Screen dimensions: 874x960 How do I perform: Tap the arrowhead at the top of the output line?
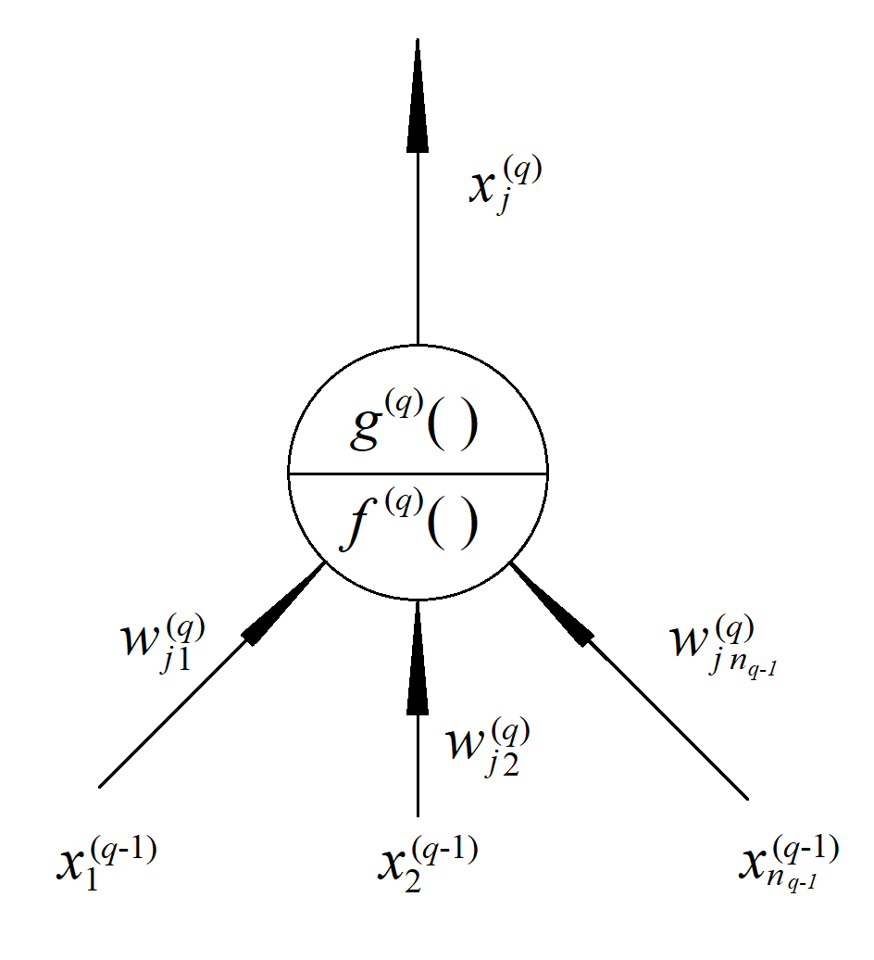[x=418, y=102]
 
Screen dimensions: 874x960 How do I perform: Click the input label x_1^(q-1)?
[x=104, y=863]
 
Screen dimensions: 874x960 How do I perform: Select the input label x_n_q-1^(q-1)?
[x=789, y=863]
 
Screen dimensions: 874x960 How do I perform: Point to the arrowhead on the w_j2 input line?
[x=418, y=658]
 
